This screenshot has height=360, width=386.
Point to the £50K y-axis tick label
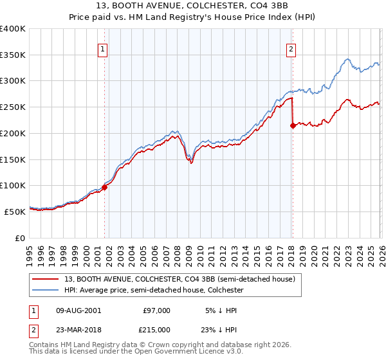click(15, 212)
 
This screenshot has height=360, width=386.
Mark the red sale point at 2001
click(104, 187)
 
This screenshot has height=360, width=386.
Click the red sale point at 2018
click(293, 125)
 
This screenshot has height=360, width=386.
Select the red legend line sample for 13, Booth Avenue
click(46, 279)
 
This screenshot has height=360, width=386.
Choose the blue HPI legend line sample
click(46, 290)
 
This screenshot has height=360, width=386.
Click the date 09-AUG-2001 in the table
click(75, 310)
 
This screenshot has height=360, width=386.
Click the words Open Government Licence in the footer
click(183, 352)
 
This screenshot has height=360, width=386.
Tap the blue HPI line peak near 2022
click(347, 59)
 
